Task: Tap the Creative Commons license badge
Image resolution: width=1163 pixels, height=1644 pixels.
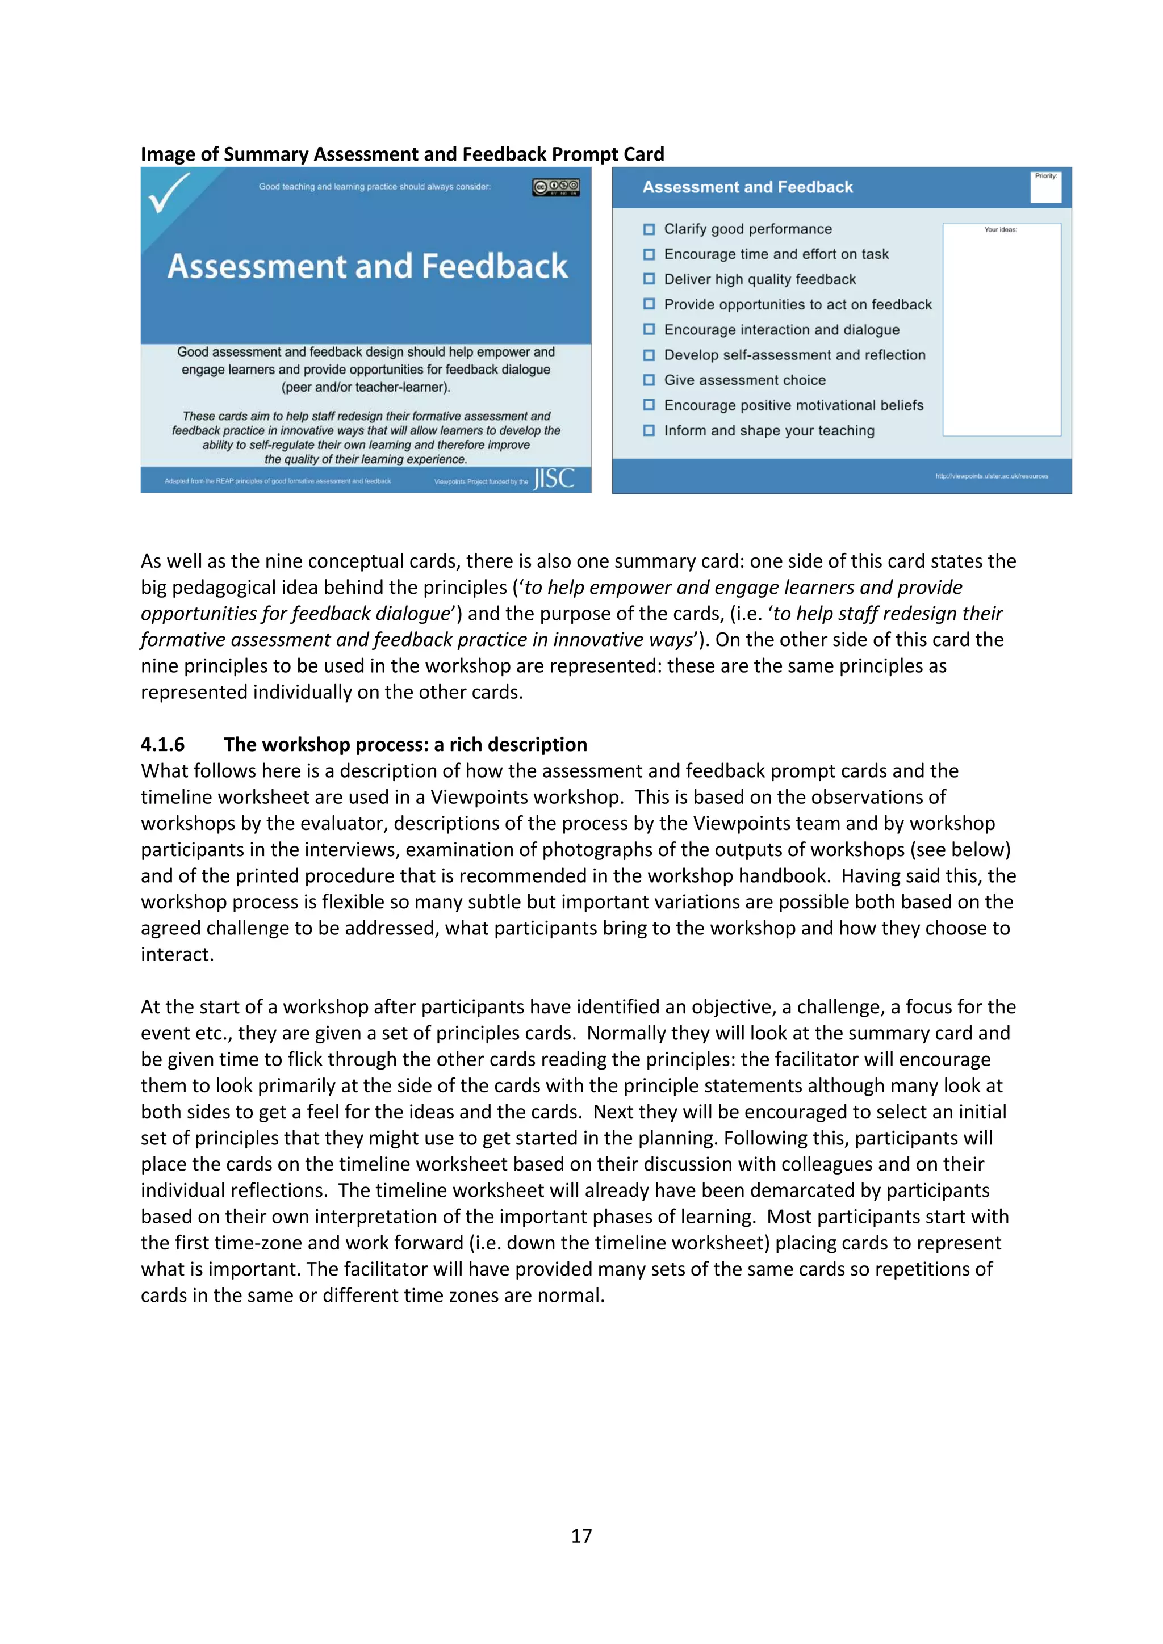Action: [556, 187]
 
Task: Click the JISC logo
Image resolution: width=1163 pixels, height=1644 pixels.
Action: [554, 479]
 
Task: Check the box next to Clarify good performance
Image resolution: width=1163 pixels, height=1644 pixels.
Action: [649, 229]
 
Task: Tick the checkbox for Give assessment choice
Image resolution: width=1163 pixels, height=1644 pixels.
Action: [649, 380]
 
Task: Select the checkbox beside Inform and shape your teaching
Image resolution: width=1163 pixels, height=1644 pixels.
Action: [649, 430]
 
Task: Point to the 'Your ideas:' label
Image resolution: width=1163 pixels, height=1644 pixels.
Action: [1001, 230]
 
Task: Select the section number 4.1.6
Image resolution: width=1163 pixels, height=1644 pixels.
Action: [162, 745]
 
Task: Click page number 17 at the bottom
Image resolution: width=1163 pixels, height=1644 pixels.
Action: [581, 1536]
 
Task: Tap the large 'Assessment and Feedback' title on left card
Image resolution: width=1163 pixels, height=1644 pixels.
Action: [367, 266]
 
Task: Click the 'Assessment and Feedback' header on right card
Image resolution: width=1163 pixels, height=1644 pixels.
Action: [748, 187]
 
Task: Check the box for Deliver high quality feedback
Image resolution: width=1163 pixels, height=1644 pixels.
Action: [649, 279]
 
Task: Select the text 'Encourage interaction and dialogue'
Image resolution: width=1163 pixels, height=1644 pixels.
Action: [781, 330]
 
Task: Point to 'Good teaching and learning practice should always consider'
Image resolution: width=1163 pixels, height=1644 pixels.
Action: [375, 187]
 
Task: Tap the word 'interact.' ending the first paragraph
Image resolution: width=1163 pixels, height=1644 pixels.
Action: [177, 954]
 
